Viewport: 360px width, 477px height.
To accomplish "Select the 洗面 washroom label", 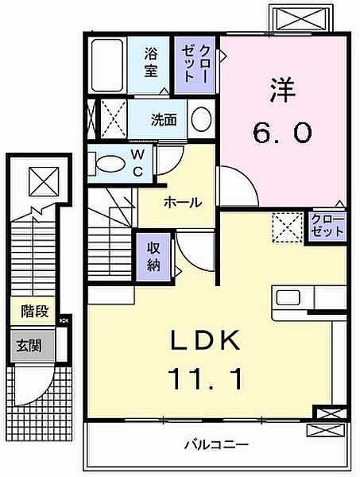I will pyautogui.click(x=164, y=121).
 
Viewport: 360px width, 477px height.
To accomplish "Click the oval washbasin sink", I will pyautogui.click(x=202, y=120).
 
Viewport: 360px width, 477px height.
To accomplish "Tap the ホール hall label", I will pyautogui.click(x=182, y=203).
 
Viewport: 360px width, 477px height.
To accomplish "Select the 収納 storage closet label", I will pyautogui.click(x=153, y=255).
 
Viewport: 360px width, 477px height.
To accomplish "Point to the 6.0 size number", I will pyautogui.click(x=284, y=133).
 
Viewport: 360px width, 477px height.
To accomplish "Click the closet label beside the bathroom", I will pyautogui.click(x=190, y=64).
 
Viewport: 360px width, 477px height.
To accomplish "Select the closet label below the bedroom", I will pyautogui.click(x=327, y=224).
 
